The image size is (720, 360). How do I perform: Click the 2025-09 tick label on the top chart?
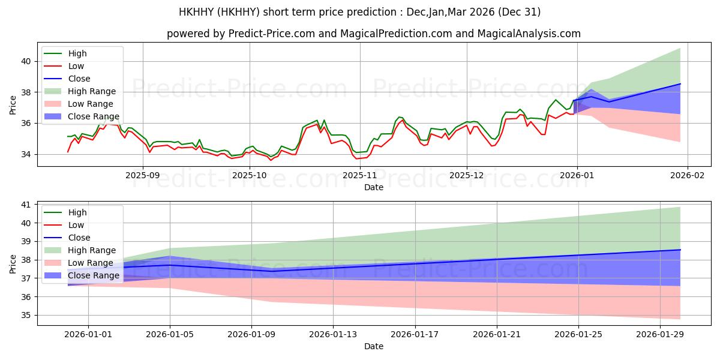(143, 175)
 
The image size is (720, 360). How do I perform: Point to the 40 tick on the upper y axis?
(26, 61)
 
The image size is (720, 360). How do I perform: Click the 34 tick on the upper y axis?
(26, 154)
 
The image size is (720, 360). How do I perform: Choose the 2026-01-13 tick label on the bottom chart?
(333, 335)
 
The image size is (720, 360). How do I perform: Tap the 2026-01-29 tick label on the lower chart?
(660, 335)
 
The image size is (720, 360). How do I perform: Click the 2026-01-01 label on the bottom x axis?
(88, 335)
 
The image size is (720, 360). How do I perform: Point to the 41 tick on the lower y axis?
(26, 205)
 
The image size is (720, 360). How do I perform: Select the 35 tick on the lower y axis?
(26, 316)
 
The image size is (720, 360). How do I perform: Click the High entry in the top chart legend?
(77, 53)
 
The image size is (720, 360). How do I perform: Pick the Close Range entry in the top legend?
(93, 116)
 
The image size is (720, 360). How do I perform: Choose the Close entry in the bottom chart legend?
(79, 238)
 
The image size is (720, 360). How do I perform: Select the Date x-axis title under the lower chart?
(374, 346)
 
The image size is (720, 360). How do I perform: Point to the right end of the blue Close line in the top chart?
(680, 84)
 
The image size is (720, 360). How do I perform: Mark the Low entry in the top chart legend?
(76, 66)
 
